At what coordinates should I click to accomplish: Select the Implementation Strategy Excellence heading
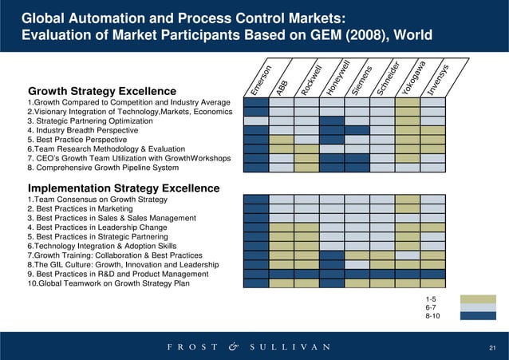[x=123, y=188]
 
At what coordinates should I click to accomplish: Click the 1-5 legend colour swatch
[x=472, y=299]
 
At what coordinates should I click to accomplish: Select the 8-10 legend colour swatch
[x=472, y=316]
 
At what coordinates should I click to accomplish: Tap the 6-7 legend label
[x=431, y=307]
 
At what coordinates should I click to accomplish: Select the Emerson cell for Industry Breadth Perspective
[x=256, y=129]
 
